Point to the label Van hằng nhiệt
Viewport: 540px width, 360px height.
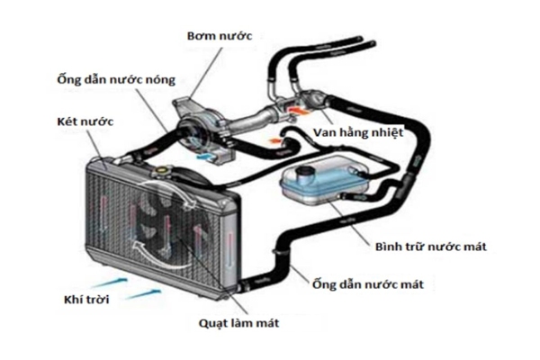[355, 131]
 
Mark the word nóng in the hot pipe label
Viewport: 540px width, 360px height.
[180, 79]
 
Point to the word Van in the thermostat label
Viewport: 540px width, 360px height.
[327, 131]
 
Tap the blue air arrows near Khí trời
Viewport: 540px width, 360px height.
[135, 289]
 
